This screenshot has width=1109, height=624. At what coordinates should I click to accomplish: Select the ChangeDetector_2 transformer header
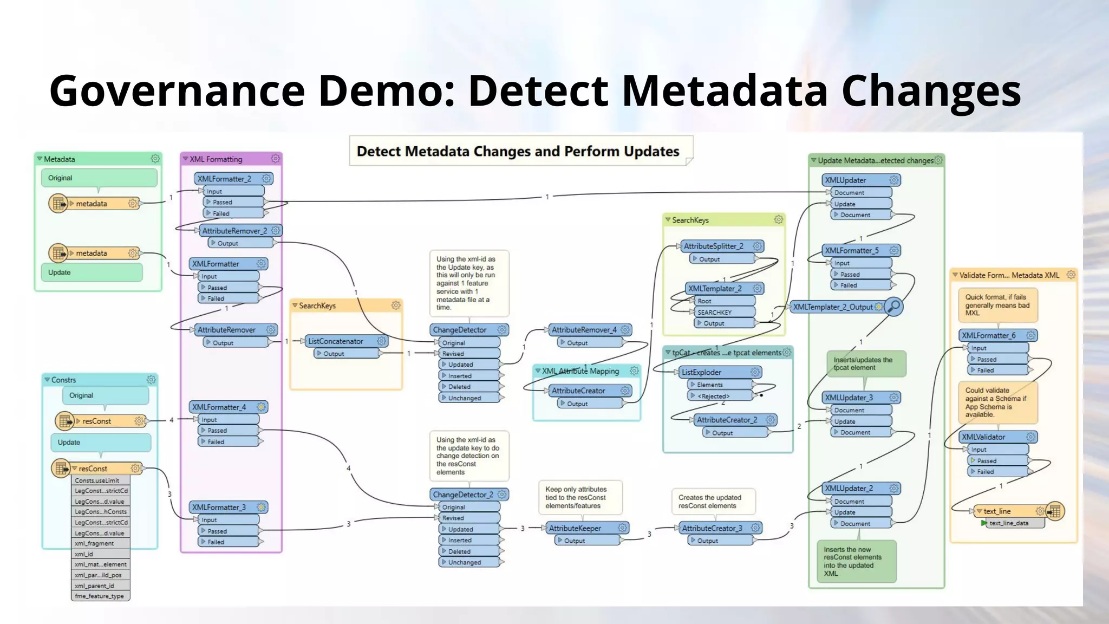[463, 495]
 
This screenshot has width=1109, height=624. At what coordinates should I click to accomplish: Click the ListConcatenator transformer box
[336, 341]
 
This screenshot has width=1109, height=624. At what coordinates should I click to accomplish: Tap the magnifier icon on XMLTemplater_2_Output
[894, 307]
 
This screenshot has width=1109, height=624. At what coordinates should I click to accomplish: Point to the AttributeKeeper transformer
[575, 528]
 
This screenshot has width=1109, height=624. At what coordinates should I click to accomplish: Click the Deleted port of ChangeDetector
[459, 387]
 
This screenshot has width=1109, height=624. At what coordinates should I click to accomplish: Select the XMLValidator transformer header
[983, 437]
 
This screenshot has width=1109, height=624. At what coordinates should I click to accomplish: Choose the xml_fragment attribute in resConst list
[94, 543]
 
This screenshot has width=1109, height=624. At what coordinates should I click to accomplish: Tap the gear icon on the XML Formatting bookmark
[276, 159]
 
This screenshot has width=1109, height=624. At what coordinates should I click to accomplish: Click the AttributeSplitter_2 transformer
[714, 246]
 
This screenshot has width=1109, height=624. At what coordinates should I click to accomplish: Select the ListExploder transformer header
[702, 372]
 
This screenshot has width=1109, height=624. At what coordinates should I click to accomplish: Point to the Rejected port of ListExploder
[713, 396]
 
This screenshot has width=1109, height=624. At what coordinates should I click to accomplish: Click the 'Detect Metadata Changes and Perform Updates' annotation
[518, 151]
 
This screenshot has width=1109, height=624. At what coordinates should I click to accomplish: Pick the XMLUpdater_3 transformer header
[849, 398]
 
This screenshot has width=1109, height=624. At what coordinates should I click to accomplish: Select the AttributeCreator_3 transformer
[712, 528]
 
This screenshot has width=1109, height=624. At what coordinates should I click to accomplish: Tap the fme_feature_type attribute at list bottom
[99, 596]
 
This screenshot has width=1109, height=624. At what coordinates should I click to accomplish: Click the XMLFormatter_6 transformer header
[989, 335]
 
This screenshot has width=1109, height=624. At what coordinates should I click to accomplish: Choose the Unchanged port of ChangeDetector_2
[465, 562]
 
